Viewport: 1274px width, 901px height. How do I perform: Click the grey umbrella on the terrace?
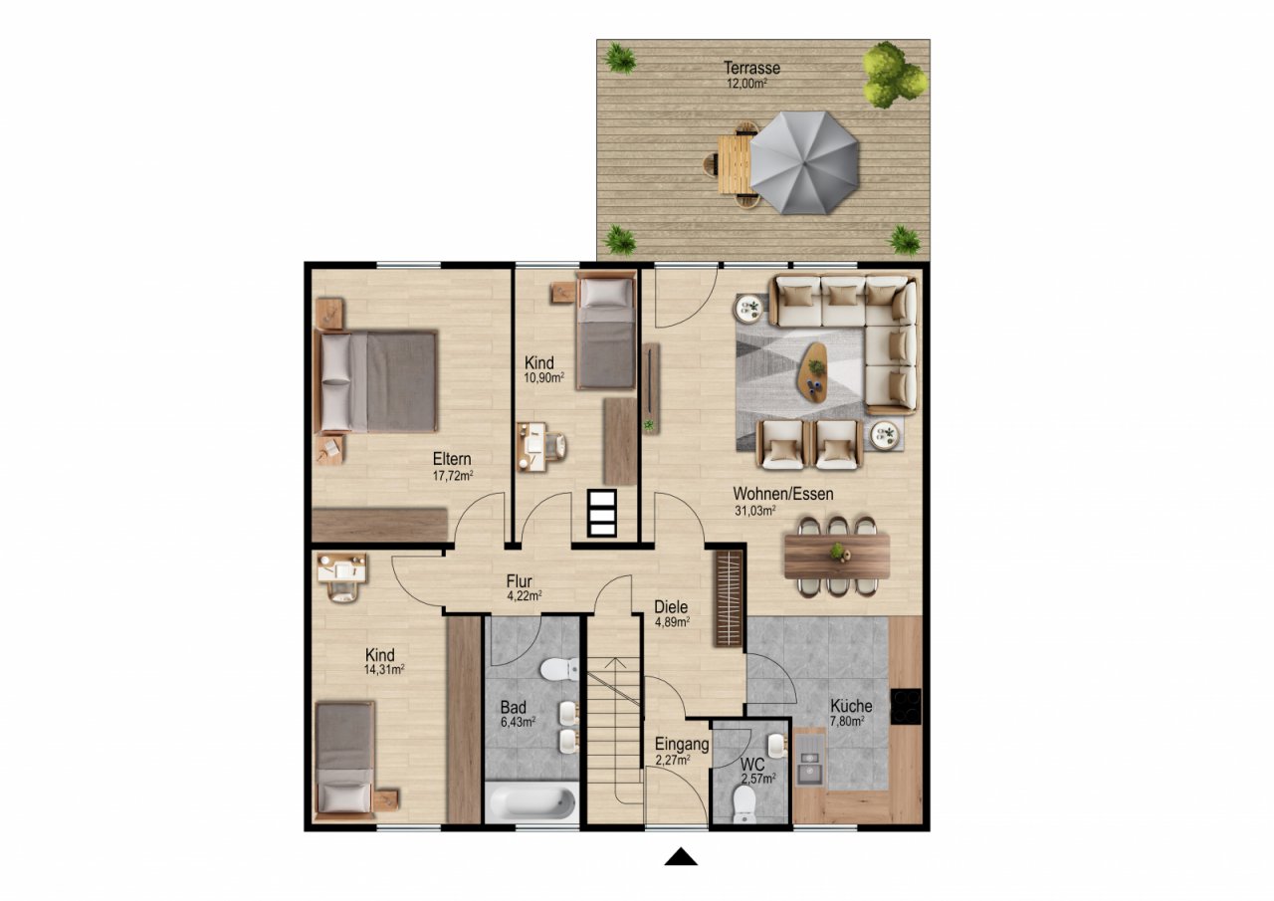(x=804, y=162)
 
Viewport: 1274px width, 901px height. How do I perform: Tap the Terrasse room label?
(x=751, y=68)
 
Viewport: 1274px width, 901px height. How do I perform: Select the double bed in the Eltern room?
(x=375, y=381)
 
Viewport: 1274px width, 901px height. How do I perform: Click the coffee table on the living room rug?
(x=813, y=372)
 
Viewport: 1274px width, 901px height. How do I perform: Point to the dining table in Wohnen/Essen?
(x=837, y=556)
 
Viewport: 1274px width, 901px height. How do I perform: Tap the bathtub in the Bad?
(x=531, y=801)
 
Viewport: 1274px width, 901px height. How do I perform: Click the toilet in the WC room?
(x=744, y=804)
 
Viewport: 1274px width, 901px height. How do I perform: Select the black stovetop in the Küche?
(x=906, y=707)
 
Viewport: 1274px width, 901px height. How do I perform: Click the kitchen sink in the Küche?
(x=809, y=765)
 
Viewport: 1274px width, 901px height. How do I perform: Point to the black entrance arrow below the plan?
(x=681, y=856)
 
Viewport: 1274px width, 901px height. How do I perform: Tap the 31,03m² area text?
(x=754, y=511)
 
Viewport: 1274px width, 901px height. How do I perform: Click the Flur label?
(x=520, y=581)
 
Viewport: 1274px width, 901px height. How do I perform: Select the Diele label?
(x=671, y=606)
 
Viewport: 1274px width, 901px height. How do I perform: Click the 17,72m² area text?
(x=453, y=476)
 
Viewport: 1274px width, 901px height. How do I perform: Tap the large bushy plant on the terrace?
(x=894, y=75)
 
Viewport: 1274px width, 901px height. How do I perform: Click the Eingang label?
(x=682, y=744)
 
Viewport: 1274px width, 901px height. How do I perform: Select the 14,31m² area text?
(x=384, y=669)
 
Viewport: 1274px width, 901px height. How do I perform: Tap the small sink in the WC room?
(x=778, y=743)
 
